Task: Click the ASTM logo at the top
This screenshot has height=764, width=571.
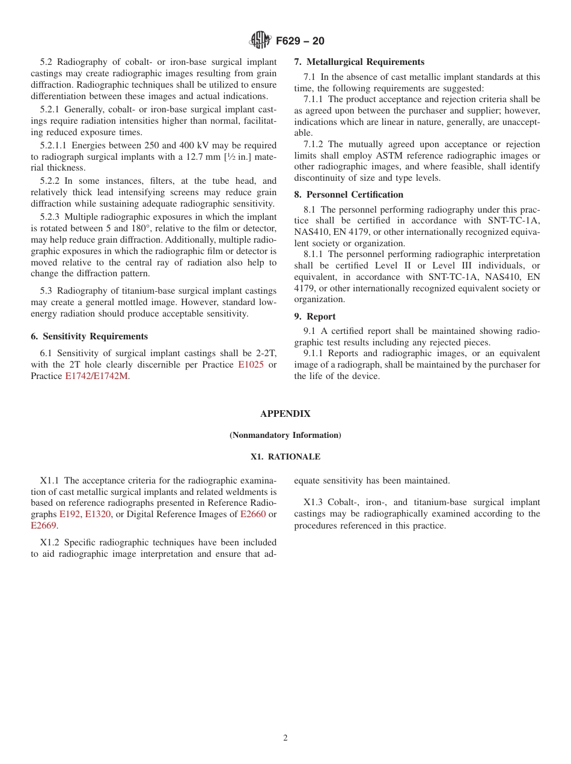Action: click(260, 40)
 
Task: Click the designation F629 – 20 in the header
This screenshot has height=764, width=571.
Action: click(300, 41)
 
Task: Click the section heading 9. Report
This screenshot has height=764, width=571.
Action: click(314, 317)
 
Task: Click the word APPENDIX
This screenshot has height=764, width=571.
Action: click(285, 414)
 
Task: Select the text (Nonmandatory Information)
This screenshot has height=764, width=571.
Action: click(285, 435)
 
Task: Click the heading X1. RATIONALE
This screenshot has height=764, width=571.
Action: click(285, 456)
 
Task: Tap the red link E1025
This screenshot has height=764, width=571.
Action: click(251, 365)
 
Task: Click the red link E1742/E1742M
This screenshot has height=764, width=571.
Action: click(96, 376)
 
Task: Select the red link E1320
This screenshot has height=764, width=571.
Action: click(97, 514)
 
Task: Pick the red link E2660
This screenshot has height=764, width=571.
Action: click(252, 514)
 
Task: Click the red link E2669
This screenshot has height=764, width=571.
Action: click(43, 526)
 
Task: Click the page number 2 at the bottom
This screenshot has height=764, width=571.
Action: click(285, 738)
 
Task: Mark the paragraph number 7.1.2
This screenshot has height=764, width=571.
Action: click(313, 144)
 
